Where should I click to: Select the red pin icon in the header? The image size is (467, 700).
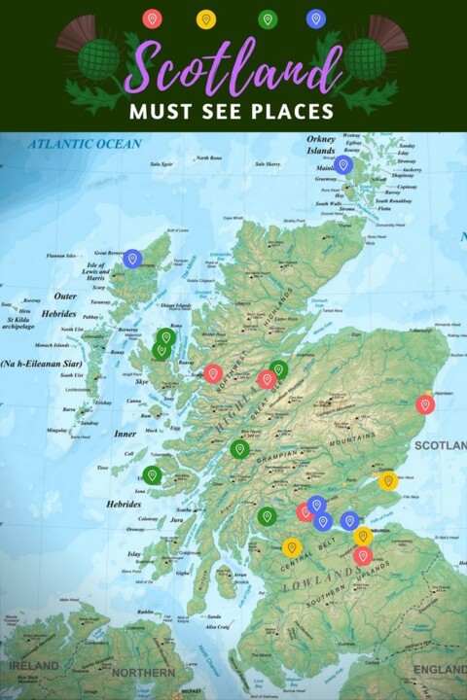152,18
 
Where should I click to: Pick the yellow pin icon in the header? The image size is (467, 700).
205,18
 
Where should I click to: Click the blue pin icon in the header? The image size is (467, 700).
315,18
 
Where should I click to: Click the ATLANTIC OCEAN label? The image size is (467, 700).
85,144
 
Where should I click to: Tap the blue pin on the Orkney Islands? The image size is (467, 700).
343,165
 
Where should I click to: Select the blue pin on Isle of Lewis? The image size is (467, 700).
132,259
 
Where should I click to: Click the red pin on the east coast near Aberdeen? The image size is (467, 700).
425,404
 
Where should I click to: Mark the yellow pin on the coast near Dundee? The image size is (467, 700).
387,480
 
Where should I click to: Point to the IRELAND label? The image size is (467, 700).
34,666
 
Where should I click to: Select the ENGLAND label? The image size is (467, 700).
439,670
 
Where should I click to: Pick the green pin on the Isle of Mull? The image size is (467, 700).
152,474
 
